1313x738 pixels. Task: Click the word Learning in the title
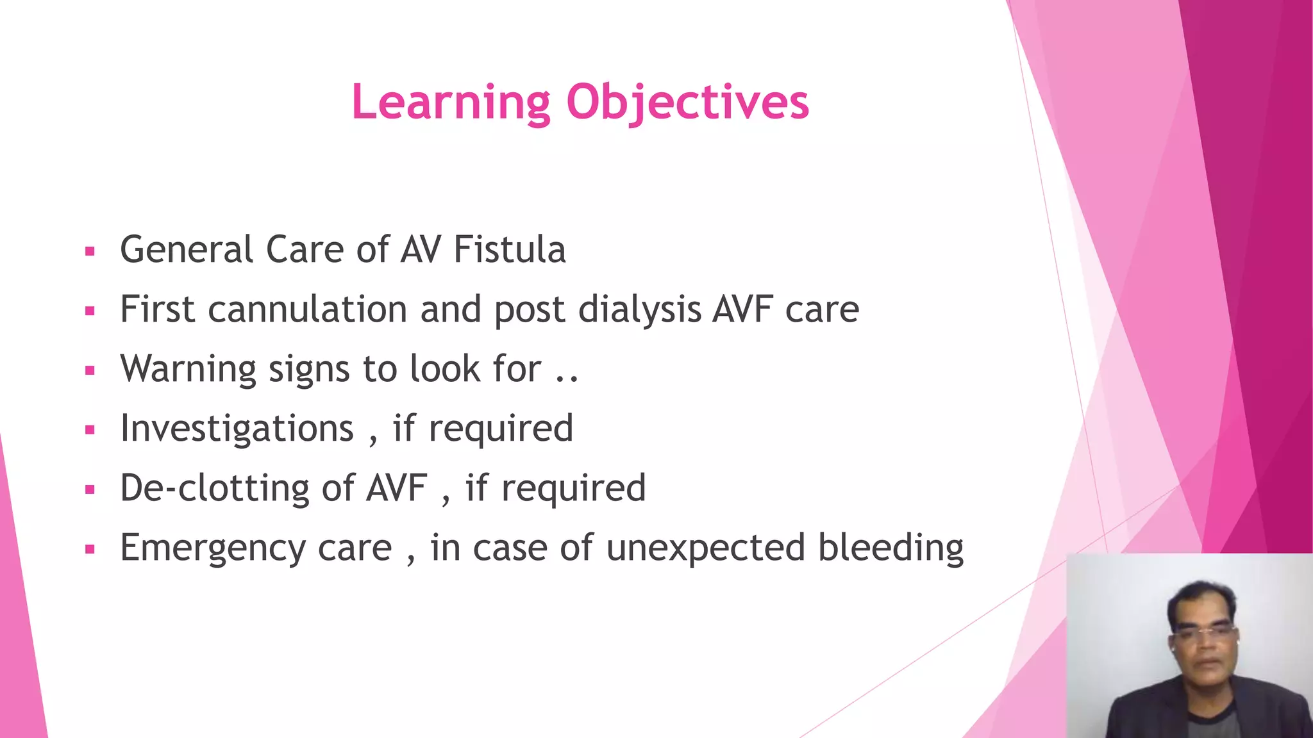pos(451,102)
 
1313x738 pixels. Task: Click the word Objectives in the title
pos(687,102)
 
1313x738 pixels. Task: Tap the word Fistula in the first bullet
pos(509,249)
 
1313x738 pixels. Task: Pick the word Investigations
pos(237,429)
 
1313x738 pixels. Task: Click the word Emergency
pos(213,548)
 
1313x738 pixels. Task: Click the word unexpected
pos(705,548)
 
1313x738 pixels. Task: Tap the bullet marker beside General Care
pos(90,252)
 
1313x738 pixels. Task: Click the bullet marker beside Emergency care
pos(90,550)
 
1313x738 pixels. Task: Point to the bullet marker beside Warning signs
pos(90,371)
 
